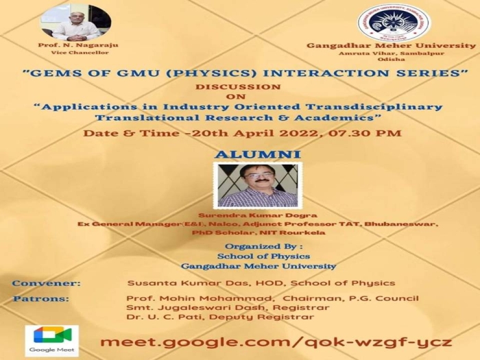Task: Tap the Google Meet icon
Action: (51, 338)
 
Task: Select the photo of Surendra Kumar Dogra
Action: (257, 185)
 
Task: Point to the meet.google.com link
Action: (276, 341)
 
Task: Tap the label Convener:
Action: (47, 283)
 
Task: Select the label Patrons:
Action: (41, 298)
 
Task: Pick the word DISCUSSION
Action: (238, 87)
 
